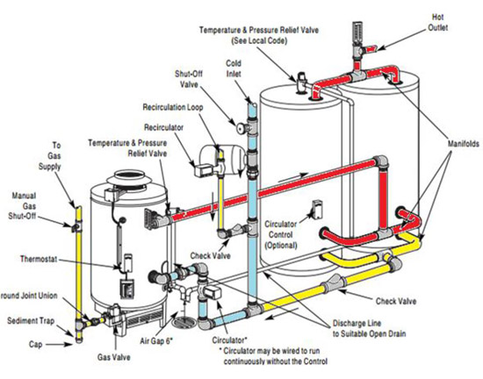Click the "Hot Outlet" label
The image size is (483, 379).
click(x=437, y=22)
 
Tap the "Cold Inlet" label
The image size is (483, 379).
click(x=234, y=68)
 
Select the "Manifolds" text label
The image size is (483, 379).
click(x=464, y=144)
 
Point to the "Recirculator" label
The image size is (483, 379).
click(x=163, y=127)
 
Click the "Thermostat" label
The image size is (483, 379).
click(x=39, y=259)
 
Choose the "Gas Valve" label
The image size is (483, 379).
click(x=113, y=357)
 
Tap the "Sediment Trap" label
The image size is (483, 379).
click(x=31, y=321)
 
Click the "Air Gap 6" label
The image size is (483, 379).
click(x=156, y=341)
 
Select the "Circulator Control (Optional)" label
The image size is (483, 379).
click(x=281, y=235)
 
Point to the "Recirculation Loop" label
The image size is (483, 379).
click(x=173, y=107)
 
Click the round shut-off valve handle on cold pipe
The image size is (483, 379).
click(x=241, y=127)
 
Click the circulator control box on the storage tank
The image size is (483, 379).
click(x=317, y=209)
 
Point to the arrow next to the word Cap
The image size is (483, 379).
click(x=60, y=345)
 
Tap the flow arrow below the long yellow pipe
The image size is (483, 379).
click(x=281, y=313)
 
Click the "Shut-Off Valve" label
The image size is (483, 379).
click(x=189, y=79)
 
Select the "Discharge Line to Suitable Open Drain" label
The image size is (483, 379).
click(x=369, y=328)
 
